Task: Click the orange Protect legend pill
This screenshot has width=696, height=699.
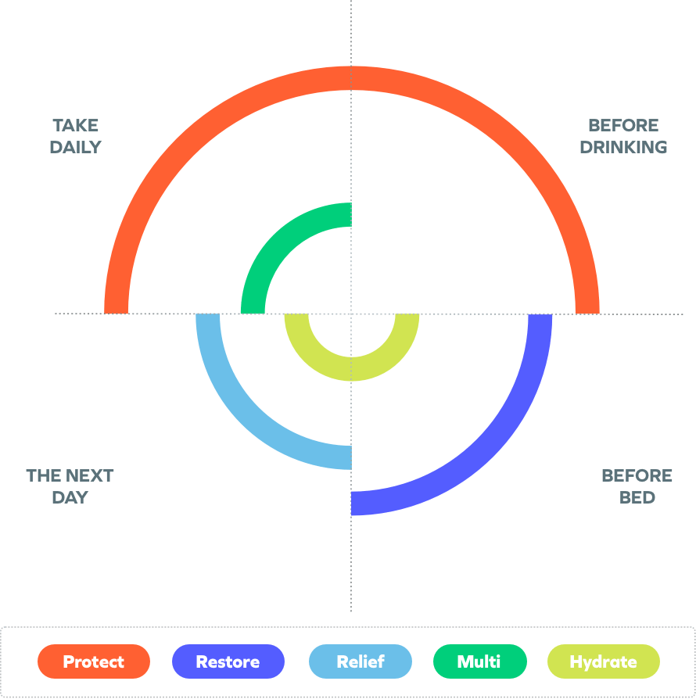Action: coord(94,661)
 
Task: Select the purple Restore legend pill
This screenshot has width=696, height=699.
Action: coord(228,661)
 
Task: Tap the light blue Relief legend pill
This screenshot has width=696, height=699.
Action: coord(360,661)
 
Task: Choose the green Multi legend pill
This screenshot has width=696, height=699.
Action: coord(479,661)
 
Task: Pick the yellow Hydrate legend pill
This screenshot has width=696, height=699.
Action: coord(603,661)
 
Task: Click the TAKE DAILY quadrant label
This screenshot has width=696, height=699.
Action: coord(76,136)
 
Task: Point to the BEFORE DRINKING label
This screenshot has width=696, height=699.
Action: coord(623,136)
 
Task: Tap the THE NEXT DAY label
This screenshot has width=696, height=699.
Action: coord(70,486)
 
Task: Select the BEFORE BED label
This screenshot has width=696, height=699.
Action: coord(637,486)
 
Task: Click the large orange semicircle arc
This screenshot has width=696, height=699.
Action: coord(351,79)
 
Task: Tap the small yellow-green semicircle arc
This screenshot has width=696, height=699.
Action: coord(351,368)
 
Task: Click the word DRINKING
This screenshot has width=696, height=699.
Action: coord(623,147)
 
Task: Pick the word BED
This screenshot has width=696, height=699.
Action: coord(637,497)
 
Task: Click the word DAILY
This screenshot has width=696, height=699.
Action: coord(76,147)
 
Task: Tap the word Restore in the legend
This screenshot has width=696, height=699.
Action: coord(228,662)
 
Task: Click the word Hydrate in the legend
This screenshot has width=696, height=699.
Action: coord(603,662)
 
